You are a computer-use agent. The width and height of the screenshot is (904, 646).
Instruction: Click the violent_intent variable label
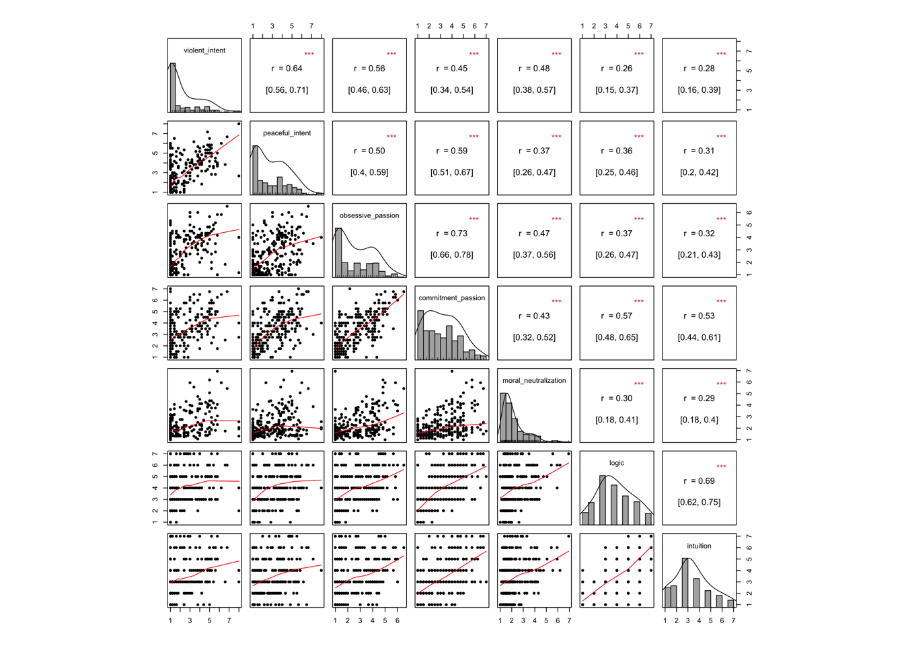click(x=204, y=50)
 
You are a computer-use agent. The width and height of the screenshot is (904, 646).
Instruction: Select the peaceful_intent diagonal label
click(x=287, y=133)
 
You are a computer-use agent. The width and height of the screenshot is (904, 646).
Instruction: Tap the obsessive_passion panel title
click(x=369, y=215)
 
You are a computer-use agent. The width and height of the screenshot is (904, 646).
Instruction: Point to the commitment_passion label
click(x=451, y=298)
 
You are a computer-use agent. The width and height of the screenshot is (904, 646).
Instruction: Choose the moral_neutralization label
click(x=534, y=381)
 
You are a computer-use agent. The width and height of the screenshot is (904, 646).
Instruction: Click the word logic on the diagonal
click(x=617, y=463)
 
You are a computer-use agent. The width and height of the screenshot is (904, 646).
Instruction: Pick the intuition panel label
click(x=699, y=546)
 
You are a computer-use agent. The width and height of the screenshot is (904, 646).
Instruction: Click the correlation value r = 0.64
click(x=287, y=69)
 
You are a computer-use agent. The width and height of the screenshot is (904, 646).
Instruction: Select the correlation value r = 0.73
click(x=452, y=234)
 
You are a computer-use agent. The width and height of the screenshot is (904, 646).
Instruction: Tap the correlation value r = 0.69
click(x=700, y=481)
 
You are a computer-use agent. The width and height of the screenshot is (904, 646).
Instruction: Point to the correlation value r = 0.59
click(x=452, y=151)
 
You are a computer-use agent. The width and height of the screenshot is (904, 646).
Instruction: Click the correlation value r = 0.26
click(x=617, y=69)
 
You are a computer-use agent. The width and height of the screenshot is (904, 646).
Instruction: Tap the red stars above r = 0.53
click(x=721, y=301)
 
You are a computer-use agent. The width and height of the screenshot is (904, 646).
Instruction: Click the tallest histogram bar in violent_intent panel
click(x=173, y=87)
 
